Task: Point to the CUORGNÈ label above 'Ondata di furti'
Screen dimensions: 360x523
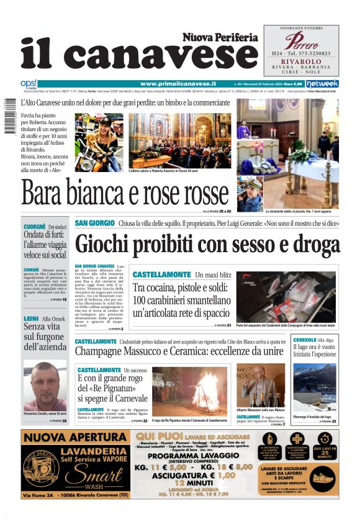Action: [34, 227]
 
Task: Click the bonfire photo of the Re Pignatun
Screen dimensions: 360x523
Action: [191, 391]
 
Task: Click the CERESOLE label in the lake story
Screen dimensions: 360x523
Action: [304, 340]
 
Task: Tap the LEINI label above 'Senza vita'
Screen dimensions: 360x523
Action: [31, 319]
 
